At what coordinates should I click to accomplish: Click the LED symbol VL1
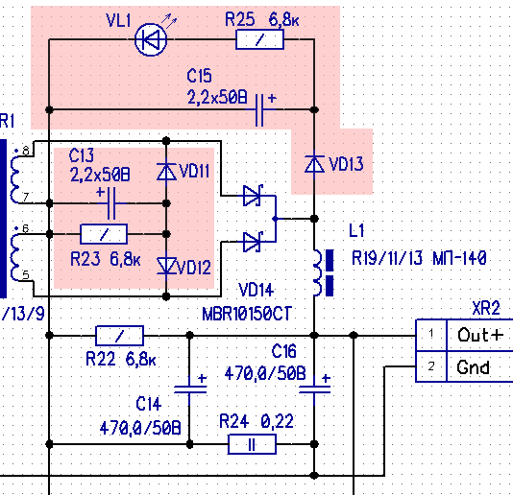click(151, 39)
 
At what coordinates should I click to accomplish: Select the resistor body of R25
click(259, 39)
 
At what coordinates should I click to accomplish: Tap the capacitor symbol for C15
click(259, 109)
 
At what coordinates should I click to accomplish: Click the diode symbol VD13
click(314, 164)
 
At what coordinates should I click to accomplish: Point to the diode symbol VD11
click(166, 171)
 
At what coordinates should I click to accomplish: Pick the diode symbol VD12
click(166, 266)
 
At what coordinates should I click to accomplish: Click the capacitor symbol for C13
click(111, 203)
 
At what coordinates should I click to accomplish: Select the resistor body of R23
click(104, 234)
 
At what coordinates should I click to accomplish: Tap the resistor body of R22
click(119, 336)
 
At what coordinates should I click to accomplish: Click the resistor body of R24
click(252, 444)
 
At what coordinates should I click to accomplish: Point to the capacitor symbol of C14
click(190, 389)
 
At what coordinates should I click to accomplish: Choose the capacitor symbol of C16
click(314, 389)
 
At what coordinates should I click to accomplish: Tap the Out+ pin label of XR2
click(480, 335)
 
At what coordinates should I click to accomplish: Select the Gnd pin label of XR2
click(473, 367)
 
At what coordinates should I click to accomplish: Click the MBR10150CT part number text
click(247, 315)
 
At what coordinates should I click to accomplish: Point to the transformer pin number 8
click(26, 151)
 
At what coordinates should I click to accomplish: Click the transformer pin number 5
click(26, 275)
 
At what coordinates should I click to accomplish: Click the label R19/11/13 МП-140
click(419, 258)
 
